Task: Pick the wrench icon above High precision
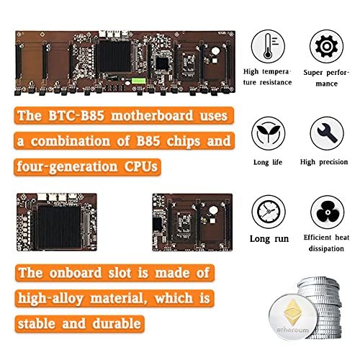pos(326,132)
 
